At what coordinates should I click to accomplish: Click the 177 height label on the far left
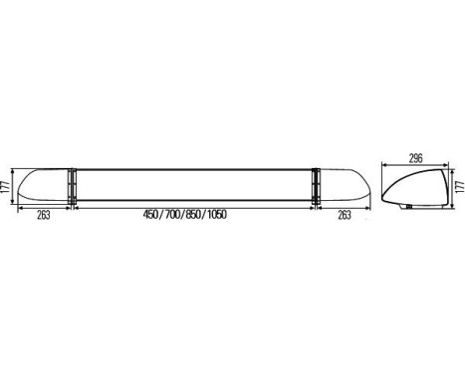pos(6,186)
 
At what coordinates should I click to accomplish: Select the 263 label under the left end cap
pos(43,214)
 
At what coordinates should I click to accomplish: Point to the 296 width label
pos(417,155)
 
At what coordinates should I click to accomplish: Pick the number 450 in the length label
pos(152,214)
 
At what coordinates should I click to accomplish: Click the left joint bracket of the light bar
pos(72,186)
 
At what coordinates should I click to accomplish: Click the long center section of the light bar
pos(194,186)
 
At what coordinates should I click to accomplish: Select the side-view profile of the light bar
pos(413,186)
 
